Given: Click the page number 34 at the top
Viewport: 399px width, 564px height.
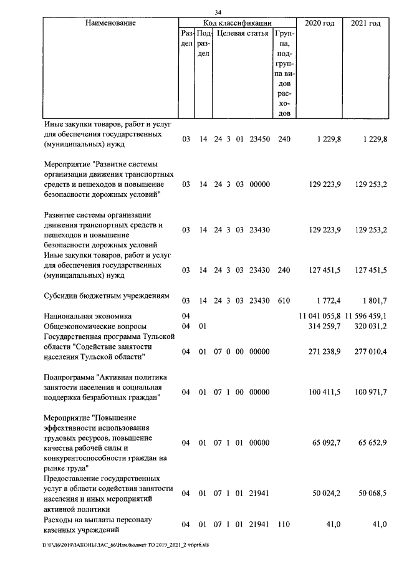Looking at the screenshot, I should click(x=218, y=12).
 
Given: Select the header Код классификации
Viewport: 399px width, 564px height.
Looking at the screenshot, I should click(x=236, y=23).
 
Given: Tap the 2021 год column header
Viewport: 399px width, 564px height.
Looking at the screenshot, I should click(x=365, y=23).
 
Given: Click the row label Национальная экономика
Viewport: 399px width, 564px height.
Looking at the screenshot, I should click(x=87, y=316).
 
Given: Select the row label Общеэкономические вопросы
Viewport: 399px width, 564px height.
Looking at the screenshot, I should click(x=95, y=326).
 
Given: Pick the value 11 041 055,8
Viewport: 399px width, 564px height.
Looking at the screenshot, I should click(x=320, y=316).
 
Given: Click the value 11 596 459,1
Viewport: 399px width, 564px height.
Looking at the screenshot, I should click(x=365, y=316).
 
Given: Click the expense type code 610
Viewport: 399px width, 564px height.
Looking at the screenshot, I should click(x=284, y=300).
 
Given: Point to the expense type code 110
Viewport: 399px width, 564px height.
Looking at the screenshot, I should click(x=284, y=524).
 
